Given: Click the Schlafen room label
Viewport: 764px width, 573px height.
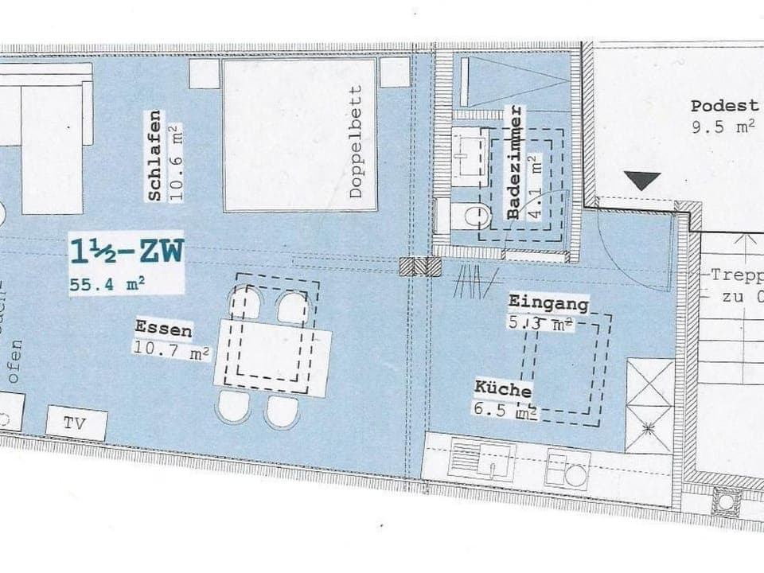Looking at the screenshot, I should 154,155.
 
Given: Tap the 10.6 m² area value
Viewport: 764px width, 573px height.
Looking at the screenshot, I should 175,163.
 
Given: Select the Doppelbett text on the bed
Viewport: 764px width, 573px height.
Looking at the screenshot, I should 356,142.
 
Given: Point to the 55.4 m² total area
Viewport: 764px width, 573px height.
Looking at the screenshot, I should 107,282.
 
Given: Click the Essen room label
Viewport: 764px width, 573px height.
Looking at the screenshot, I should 163,326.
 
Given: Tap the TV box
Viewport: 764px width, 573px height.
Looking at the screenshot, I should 76,423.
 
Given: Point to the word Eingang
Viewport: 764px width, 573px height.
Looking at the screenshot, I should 548,302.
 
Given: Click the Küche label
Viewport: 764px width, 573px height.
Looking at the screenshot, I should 503,389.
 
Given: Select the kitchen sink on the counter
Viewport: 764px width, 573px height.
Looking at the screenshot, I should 482,460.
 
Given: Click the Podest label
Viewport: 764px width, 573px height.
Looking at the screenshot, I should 724,106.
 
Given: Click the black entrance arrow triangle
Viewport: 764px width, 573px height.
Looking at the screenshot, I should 642,181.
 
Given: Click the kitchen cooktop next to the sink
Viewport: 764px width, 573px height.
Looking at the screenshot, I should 567,469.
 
